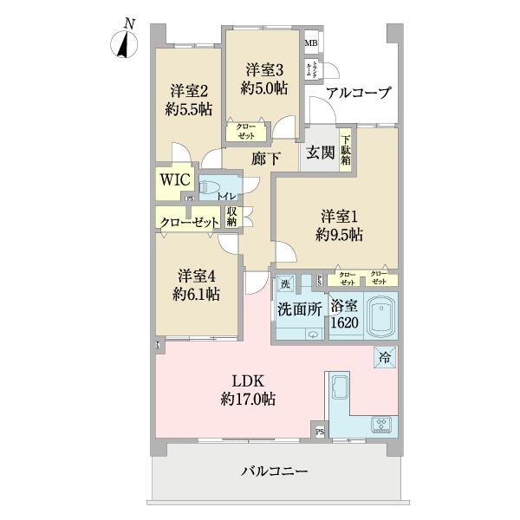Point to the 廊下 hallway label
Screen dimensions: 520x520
[x=265, y=159]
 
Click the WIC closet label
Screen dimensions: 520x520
[x=173, y=182]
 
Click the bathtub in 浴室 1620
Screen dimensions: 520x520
[x=380, y=318]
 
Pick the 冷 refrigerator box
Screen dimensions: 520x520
[x=383, y=355]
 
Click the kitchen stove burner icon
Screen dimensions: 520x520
[x=381, y=425]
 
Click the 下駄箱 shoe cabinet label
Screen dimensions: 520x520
[x=346, y=149]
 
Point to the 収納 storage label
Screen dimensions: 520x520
[x=232, y=216]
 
